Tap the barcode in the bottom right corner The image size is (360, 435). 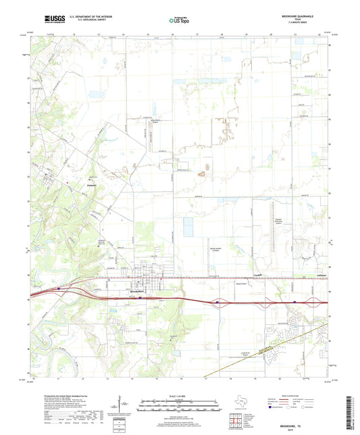(351, 412)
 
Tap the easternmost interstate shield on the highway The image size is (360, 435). (295, 302)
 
